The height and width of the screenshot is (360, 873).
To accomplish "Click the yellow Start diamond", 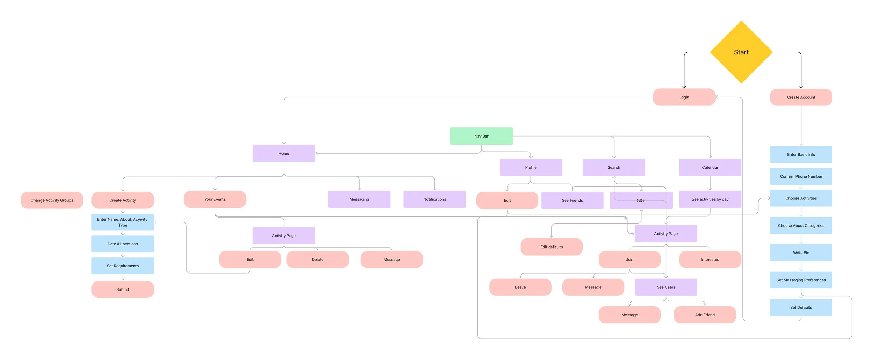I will pyautogui.click(x=741, y=52).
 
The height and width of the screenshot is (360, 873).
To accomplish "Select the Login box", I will pyautogui.click(x=684, y=97).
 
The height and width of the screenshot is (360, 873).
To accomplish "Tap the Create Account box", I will pyautogui.click(x=801, y=97).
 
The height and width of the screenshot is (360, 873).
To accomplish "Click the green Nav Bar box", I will pyautogui.click(x=481, y=136).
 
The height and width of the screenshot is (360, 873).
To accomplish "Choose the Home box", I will pyautogui.click(x=284, y=153).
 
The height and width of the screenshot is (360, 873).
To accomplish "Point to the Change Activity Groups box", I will pyautogui.click(x=52, y=200).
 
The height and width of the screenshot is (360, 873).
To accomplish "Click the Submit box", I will pyautogui.click(x=123, y=289).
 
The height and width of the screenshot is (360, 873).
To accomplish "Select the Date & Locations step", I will pyautogui.click(x=123, y=244).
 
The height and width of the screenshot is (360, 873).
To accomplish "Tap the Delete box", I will pyautogui.click(x=317, y=260).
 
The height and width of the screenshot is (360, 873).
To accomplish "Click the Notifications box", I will pyautogui.click(x=434, y=199).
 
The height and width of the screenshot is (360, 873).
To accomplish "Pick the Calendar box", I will pyautogui.click(x=710, y=167).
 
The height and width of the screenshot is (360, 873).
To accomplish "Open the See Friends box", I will pyautogui.click(x=572, y=200).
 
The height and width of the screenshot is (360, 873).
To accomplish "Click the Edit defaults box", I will pyautogui.click(x=551, y=247).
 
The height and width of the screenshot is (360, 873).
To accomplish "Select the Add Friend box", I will pyautogui.click(x=705, y=315).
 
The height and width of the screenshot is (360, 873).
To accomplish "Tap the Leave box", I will pyautogui.click(x=520, y=287).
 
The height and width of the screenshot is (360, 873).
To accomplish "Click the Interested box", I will pyautogui.click(x=710, y=260).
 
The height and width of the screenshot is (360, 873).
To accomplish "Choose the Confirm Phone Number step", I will pyautogui.click(x=801, y=176).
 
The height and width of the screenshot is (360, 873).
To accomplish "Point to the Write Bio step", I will pyautogui.click(x=801, y=253).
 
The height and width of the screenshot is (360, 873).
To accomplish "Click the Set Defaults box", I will pyautogui.click(x=801, y=307).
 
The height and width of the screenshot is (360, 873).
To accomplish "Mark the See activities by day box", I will pyautogui.click(x=710, y=199).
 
